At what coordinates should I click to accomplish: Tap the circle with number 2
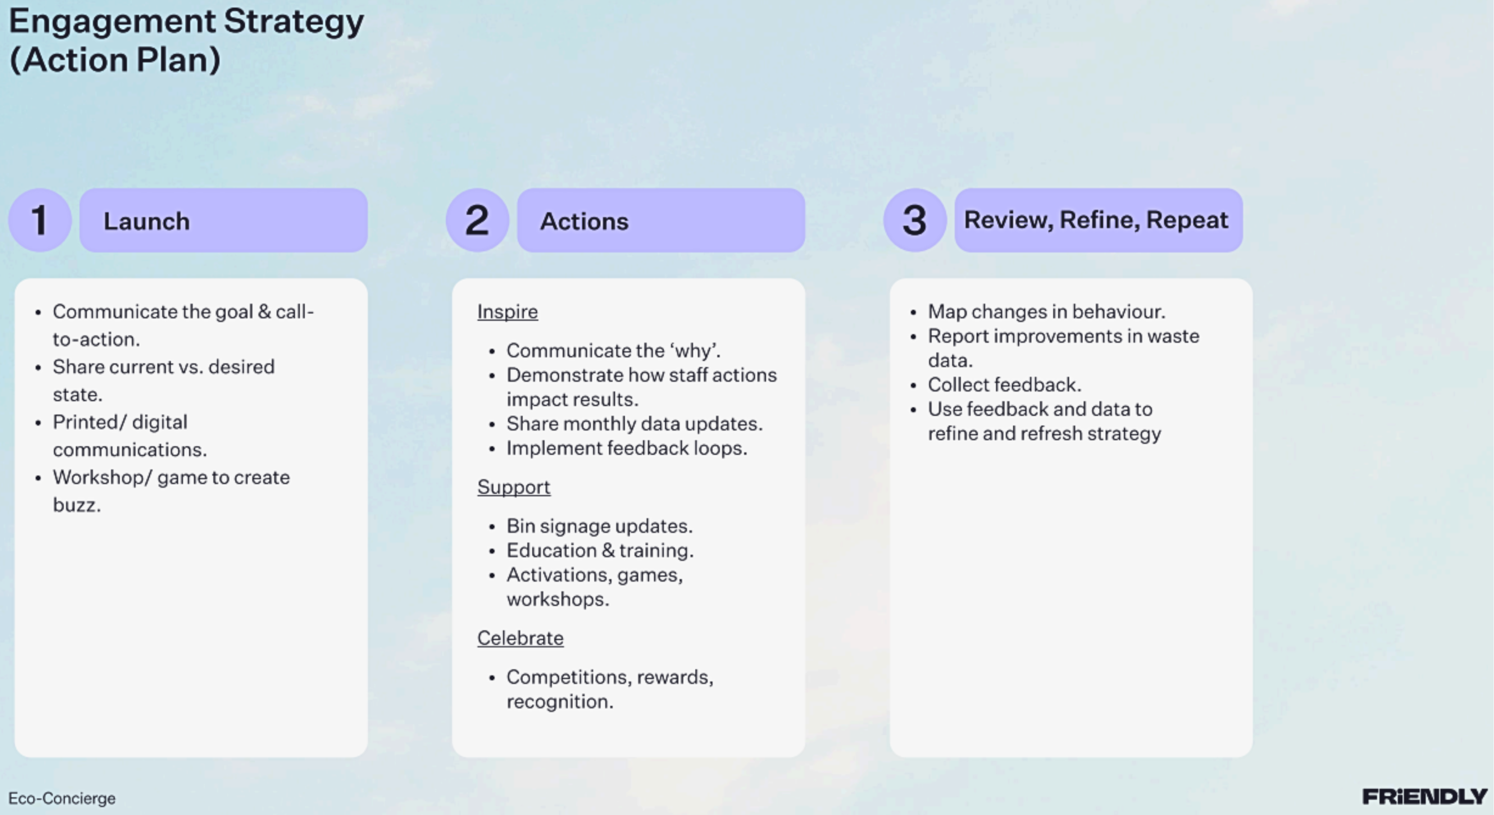coord(477,220)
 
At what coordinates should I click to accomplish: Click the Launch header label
coord(147,221)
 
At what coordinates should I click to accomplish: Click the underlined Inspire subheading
coord(507,312)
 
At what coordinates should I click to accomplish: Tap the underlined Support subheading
coord(514,487)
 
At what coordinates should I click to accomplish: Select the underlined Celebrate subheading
coord(520,638)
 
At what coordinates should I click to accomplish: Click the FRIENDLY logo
coord(1425,797)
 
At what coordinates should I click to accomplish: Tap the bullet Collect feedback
coord(1005,385)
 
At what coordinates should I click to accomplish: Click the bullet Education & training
coord(600,550)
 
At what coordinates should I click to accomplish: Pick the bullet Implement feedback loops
coord(627,448)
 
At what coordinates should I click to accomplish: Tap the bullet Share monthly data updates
coord(634,424)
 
